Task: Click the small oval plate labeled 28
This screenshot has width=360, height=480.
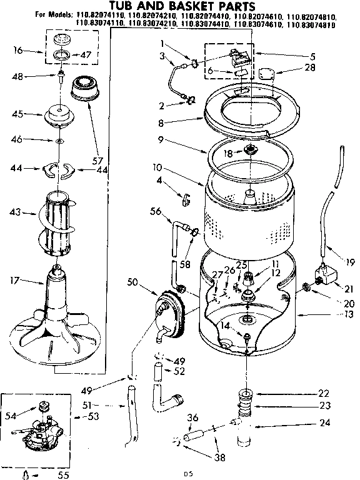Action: click(267, 75)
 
